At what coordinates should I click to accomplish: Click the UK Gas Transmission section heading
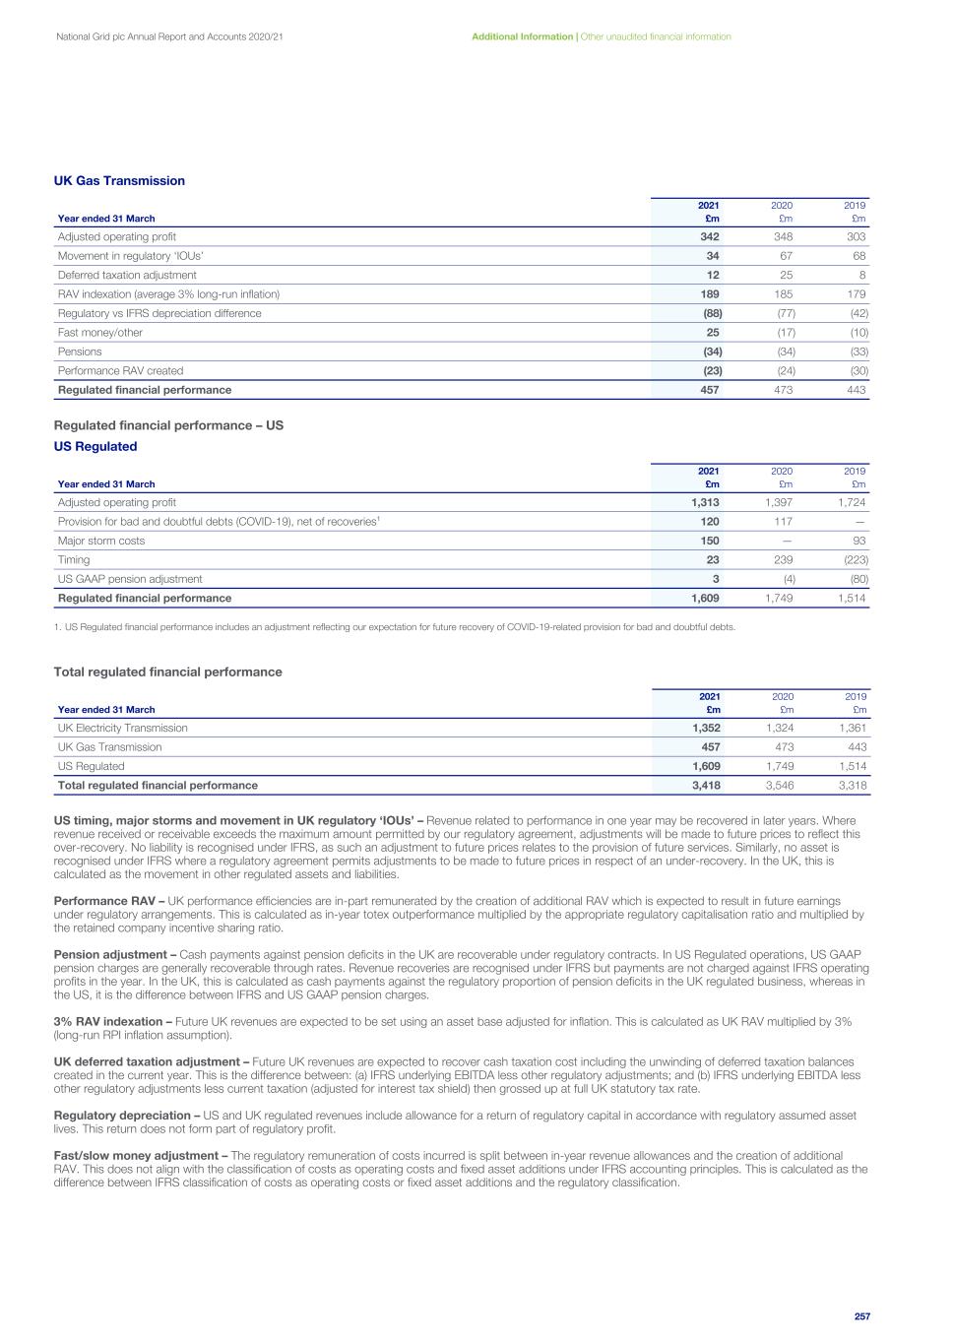click(119, 181)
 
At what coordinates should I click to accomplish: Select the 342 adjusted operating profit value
click(709, 237)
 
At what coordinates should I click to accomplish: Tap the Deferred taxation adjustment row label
click(127, 276)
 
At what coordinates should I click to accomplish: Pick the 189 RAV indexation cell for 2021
click(709, 294)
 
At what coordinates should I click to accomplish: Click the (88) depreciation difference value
click(708, 313)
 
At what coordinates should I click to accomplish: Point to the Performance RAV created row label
click(120, 371)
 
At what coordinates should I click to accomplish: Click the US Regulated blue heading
click(95, 447)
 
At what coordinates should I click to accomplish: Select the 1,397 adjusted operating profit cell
click(779, 503)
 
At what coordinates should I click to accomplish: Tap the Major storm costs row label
click(95, 541)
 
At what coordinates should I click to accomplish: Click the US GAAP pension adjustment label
click(130, 579)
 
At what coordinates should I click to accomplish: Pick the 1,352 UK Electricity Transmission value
click(706, 729)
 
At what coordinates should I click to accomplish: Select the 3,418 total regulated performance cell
click(706, 786)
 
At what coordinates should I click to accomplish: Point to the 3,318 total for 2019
click(853, 786)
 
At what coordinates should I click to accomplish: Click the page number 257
click(862, 1316)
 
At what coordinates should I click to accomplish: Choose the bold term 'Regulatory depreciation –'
click(127, 1116)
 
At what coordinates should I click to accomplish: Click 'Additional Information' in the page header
click(522, 36)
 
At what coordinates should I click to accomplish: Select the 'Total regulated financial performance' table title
click(167, 672)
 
